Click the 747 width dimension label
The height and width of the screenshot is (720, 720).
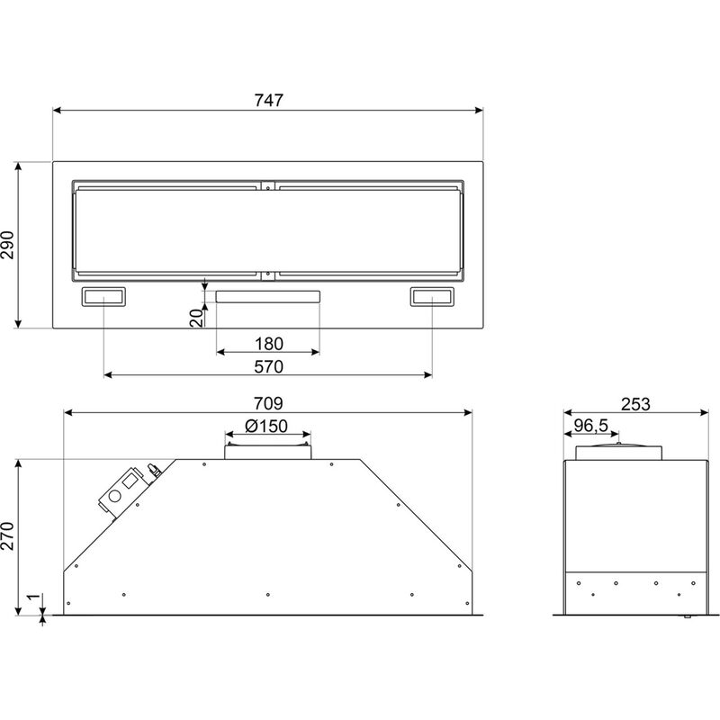[x=269, y=100]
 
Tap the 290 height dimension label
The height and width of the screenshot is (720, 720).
[x=8, y=245]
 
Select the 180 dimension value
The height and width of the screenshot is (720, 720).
[x=268, y=344]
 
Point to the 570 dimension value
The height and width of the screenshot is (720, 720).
[x=268, y=366]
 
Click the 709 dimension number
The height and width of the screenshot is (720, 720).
[x=268, y=403]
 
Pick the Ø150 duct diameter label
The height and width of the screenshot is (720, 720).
[x=266, y=426]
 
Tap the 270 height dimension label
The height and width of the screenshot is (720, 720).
[x=8, y=536]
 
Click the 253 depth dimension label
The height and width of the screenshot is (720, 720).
[x=635, y=404]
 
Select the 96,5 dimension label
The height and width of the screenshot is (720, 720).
[x=591, y=426]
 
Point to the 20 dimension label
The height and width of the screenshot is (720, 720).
[x=196, y=318]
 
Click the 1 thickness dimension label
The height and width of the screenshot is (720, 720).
[x=33, y=597]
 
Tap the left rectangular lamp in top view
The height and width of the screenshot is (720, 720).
[x=103, y=297]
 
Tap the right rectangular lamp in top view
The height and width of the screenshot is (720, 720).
[x=432, y=297]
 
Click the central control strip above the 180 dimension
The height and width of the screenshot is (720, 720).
[x=268, y=297]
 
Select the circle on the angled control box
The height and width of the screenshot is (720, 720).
[x=114, y=496]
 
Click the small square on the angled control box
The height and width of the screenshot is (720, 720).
[x=130, y=481]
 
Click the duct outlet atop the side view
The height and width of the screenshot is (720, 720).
[x=619, y=452]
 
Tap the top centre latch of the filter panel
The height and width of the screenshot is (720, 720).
[x=267, y=186]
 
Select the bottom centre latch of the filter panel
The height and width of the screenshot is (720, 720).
[x=267, y=275]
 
